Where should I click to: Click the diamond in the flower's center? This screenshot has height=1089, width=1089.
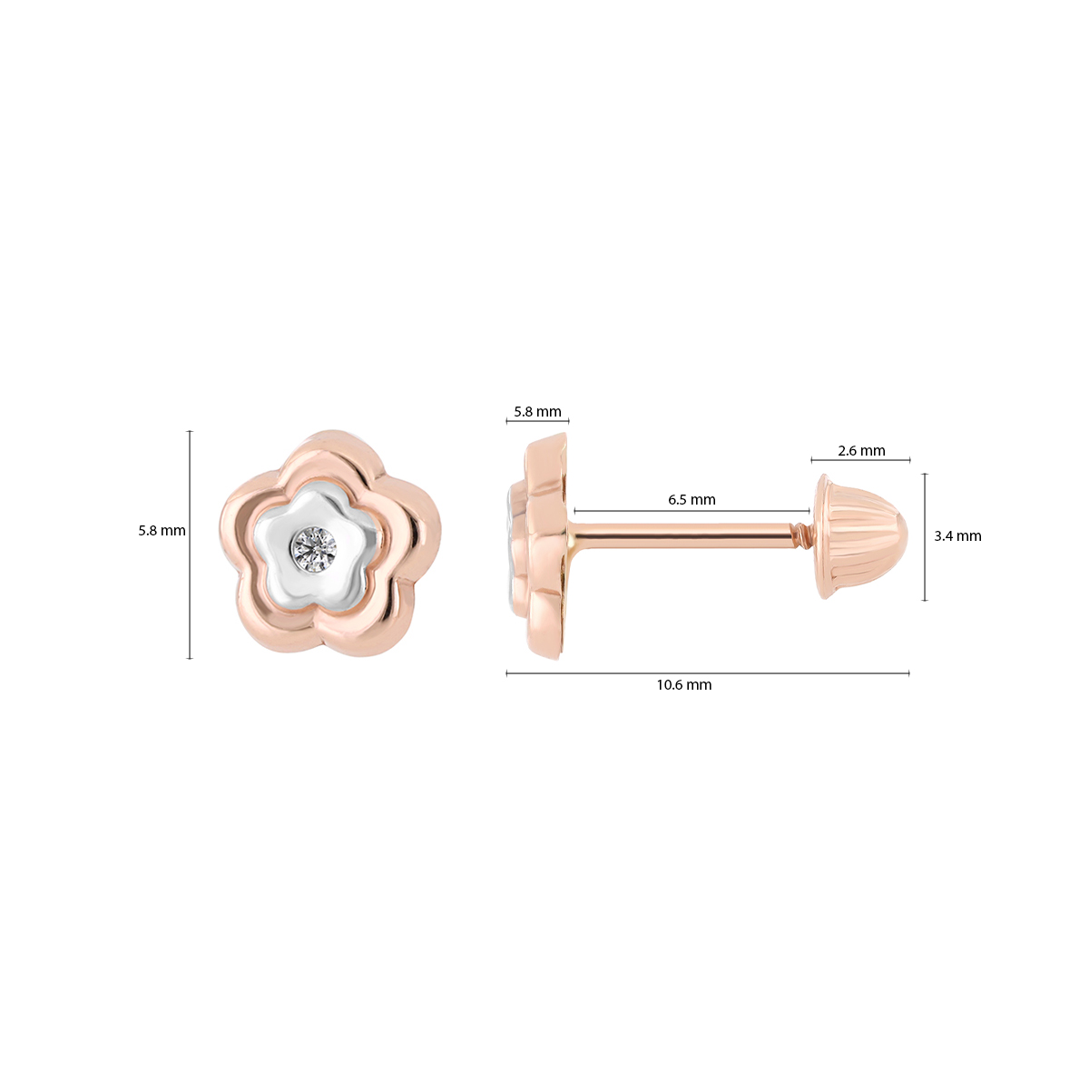pyautogui.click(x=314, y=548)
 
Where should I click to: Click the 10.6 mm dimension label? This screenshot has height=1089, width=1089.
pyautogui.click(x=684, y=685)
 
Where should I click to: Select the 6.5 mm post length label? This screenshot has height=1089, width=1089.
pyautogui.click(x=692, y=499)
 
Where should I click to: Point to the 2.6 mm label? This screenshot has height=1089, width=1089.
pyautogui.click(x=861, y=450)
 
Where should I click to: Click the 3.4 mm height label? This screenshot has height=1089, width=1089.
pyautogui.click(x=957, y=536)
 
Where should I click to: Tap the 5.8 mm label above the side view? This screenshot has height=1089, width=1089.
pyautogui.click(x=537, y=411)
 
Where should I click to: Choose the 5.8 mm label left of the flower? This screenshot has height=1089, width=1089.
pyautogui.click(x=162, y=531)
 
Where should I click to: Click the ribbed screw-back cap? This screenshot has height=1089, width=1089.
pyautogui.click(x=860, y=537)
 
